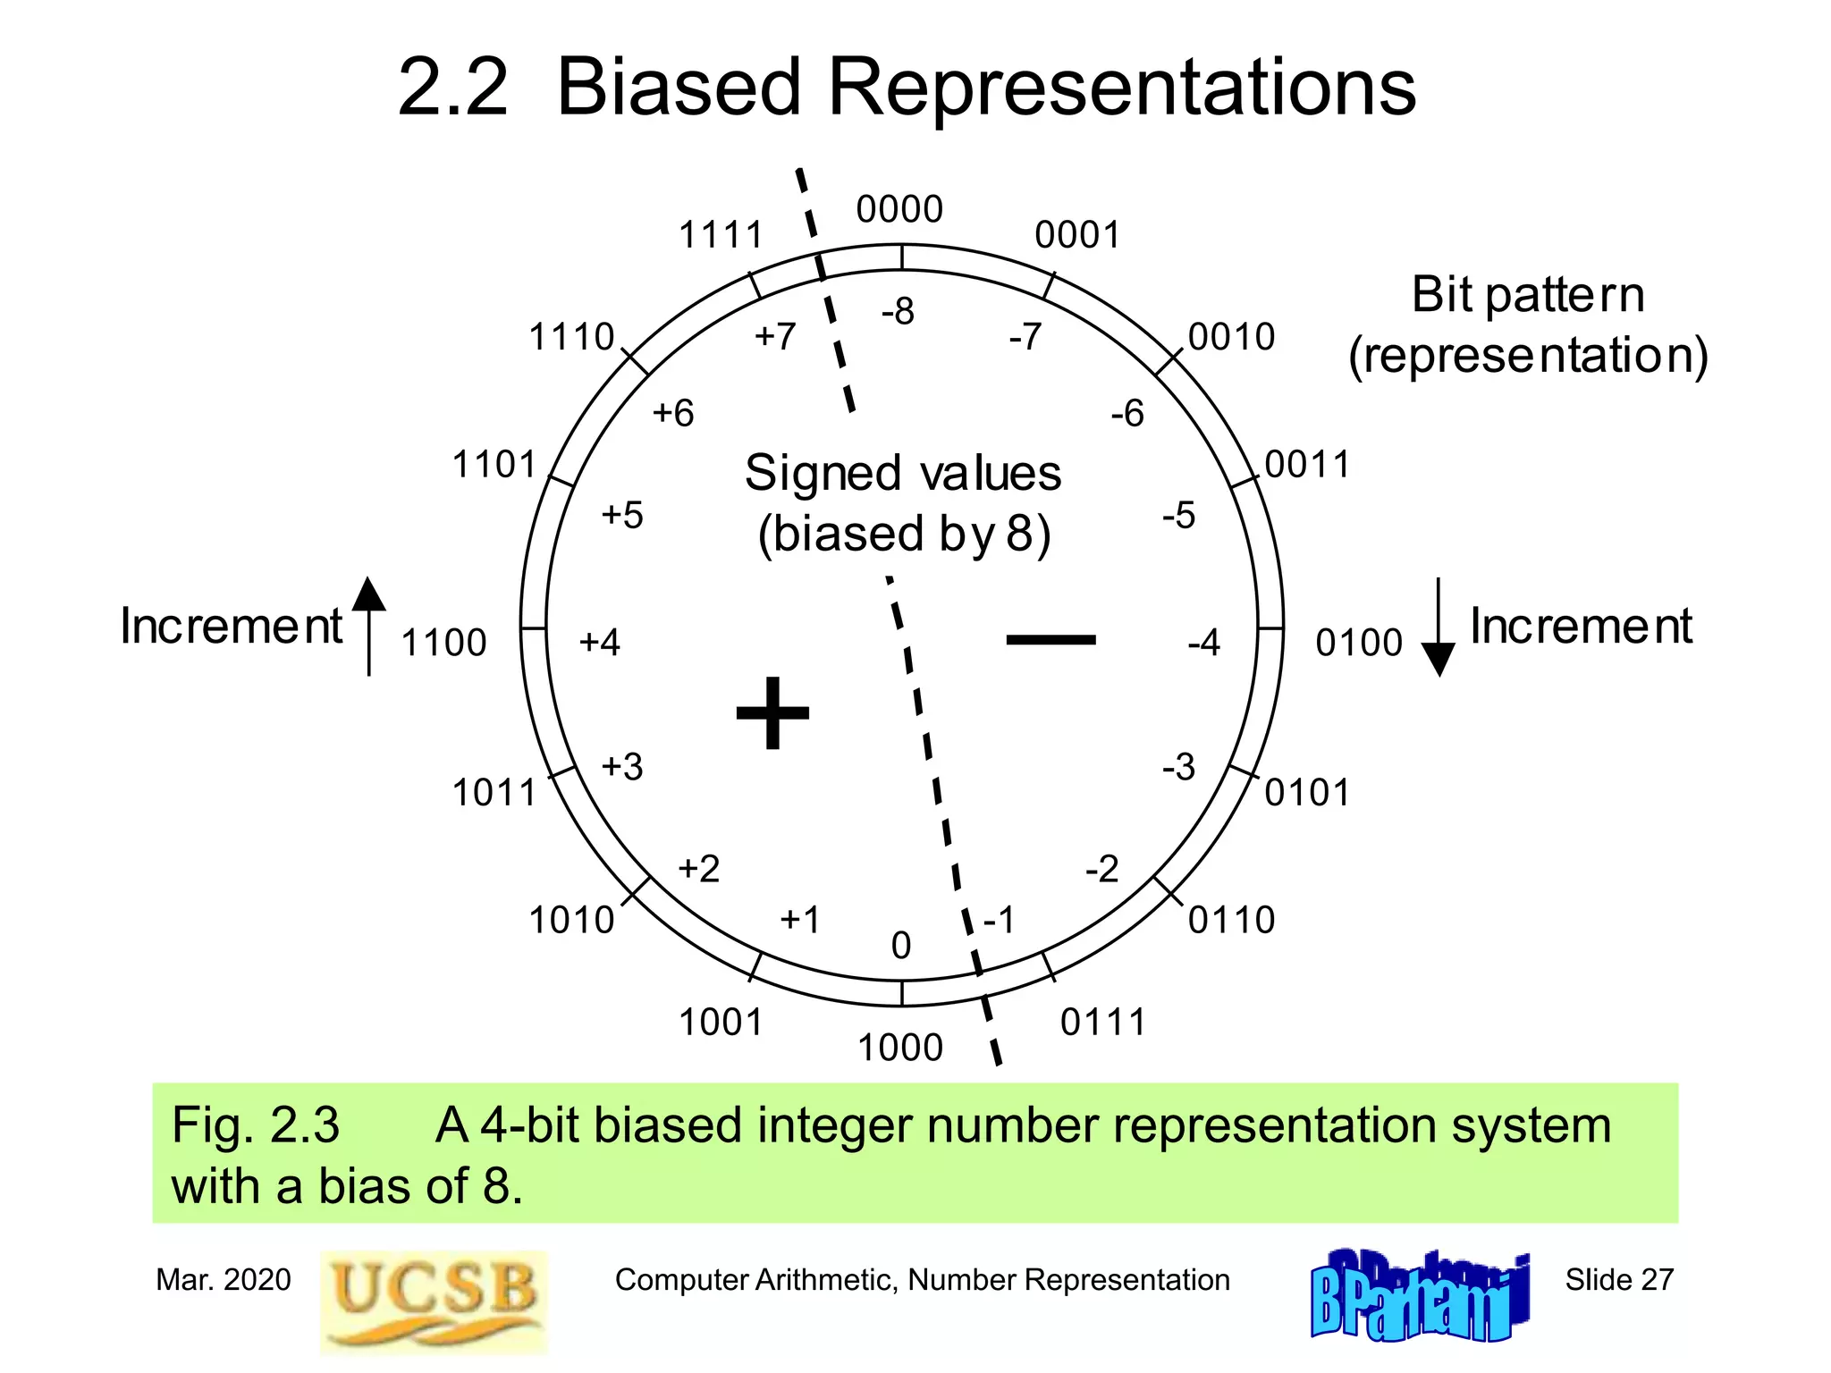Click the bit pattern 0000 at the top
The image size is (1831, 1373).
[899, 209]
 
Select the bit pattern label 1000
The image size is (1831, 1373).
[900, 1048]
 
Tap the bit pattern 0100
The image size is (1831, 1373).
[1359, 643]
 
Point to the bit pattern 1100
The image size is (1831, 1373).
[443, 643]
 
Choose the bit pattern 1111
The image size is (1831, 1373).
[721, 235]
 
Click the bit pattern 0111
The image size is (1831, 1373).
[1103, 1023]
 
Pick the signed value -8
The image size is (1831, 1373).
[898, 312]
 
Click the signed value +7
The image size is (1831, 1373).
[775, 337]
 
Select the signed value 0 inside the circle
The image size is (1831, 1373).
[901, 946]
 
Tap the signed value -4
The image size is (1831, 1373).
[1203, 643]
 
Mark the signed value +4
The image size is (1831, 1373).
[599, 643]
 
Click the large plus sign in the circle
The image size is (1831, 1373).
[772, 712]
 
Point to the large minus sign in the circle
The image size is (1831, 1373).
[1051, 639]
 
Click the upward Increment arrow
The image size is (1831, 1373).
[368, 626]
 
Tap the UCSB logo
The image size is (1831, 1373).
[434, 1301]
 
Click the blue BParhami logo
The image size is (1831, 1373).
[1420, 1296]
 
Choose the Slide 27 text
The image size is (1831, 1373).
[1619, 1280]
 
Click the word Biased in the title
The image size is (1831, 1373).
[678, 88]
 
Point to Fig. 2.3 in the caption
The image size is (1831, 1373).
[256, 1125]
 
